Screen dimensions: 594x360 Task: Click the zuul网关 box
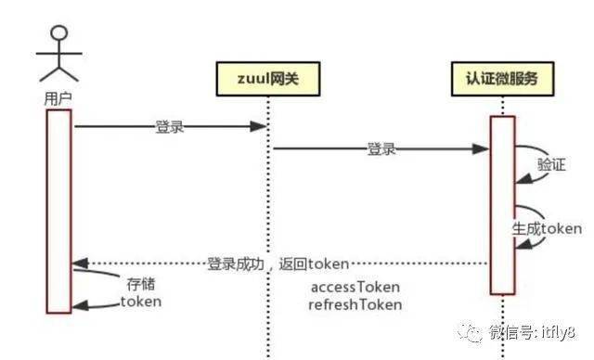[x=268, y=79]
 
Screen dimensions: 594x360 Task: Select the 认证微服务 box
[x=502, y=79]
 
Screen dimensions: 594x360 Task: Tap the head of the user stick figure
[x=59, y=32]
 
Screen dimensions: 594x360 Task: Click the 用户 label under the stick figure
[x=58, y=99]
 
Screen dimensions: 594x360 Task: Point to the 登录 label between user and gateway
[x=170, y=127]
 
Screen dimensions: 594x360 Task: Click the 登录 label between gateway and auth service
[x=381, y=148]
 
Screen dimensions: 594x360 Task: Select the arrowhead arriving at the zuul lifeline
[x=259, y=126]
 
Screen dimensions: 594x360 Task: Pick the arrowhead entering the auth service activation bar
[x=481, y=148]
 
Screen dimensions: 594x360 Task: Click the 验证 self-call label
[x=551, y=164]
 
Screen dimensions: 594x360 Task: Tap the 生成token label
[x=547, y=228]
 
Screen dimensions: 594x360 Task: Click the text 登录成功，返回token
[x=278, y=264]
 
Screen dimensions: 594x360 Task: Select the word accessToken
[x=355, y=287]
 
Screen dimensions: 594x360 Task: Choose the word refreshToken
[x=355, y=304]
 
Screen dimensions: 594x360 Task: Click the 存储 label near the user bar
[x=141, y=284]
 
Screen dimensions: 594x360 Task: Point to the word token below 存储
[x=141, y=302]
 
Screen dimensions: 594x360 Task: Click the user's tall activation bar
[x=59, y=212]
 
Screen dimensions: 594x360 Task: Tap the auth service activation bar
[x=502, y=205]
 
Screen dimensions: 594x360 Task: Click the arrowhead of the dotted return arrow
[x=80, y=264]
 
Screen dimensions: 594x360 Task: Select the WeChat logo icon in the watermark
[x=471, y=332]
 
